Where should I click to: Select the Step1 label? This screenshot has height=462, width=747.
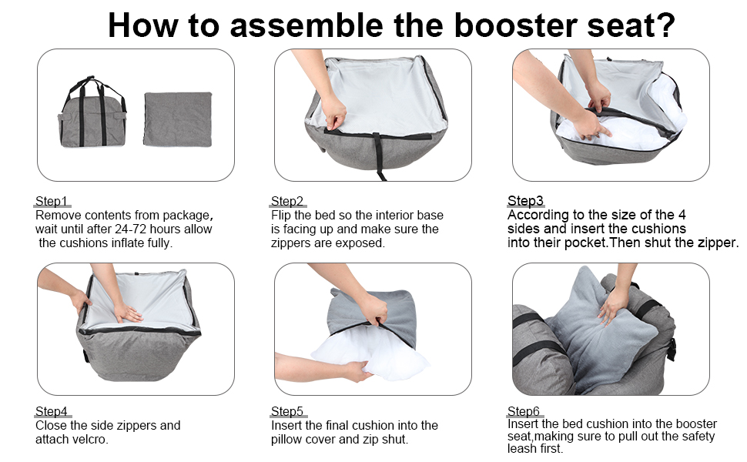(x=52, y=201)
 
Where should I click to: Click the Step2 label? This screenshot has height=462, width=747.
(x=287, y=201)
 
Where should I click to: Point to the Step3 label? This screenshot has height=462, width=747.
(x=525, y=200)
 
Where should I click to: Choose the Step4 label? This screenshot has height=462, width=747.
(x=52, y=411)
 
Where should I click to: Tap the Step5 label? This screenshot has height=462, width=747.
(x=287, y=411)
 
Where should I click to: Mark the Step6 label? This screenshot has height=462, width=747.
(x=524, y=411)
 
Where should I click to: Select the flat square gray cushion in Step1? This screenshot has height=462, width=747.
(x=178, y=119)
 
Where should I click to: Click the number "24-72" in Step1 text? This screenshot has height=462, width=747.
(x=131, y=229)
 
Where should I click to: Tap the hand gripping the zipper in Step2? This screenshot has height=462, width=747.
(x=333, y=114)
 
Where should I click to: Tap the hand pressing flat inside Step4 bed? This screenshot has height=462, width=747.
(x=126, y=312)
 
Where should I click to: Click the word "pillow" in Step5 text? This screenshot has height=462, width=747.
(x=287, y=440)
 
